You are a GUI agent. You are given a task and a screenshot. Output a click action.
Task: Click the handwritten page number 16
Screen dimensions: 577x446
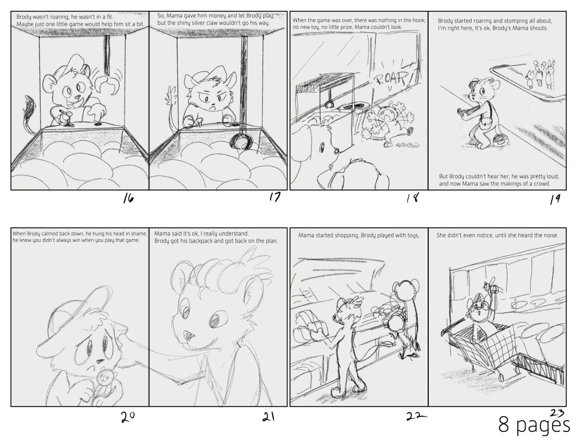tap(128, 199)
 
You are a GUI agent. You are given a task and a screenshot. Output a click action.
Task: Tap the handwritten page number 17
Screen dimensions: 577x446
tap(274, 197)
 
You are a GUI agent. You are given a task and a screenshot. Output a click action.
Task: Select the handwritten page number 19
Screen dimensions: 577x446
tap(555, 199)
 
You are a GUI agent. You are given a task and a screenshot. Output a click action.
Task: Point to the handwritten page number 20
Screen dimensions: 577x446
tap(128, 417)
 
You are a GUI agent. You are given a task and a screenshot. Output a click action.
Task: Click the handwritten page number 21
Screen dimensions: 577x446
tap(269, 417)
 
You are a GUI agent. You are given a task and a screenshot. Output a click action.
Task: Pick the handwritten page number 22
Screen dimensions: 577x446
tap(416, 416)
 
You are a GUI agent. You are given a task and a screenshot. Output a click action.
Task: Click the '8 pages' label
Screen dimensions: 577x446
tap(534, 425)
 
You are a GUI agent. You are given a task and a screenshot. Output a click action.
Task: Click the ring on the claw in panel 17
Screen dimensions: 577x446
tap(241, 142)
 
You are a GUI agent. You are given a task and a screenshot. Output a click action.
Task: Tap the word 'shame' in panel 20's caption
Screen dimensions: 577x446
tap(140, 233)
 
